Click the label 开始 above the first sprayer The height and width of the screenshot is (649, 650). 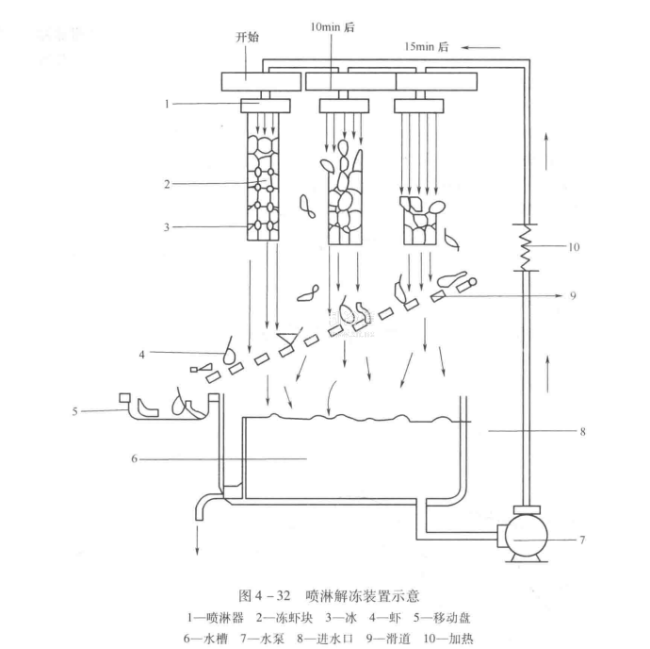(247, 37)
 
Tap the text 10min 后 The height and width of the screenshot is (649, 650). (333, 27)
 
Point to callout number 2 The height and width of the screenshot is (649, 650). (167, 185)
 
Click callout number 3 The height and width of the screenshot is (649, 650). (167, 226)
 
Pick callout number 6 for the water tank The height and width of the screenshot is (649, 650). (137, 459)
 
